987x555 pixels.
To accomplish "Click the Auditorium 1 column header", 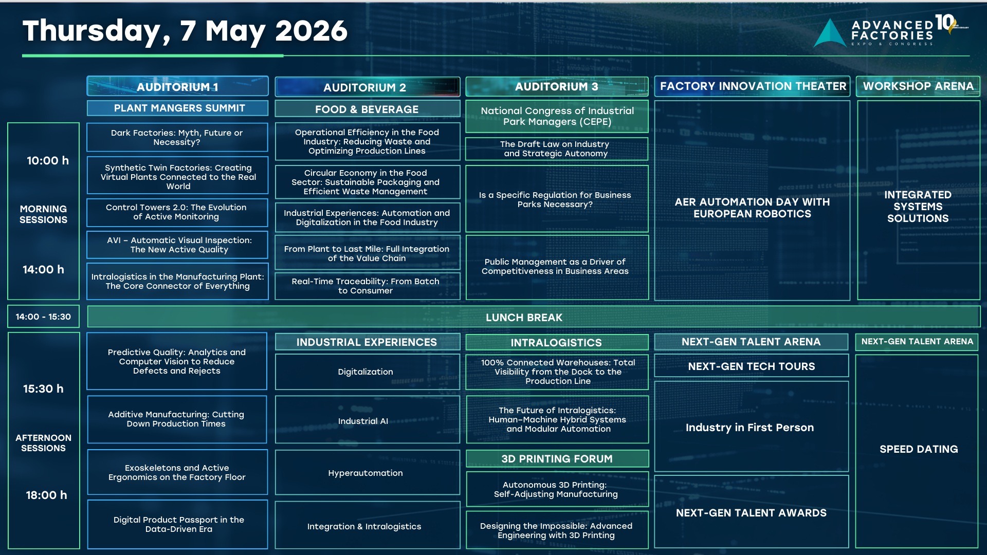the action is (177, 86).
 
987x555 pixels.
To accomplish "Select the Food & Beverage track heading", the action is (367, 109).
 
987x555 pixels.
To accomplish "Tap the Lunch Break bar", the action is (534, 317).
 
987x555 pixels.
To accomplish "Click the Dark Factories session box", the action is (177, 137).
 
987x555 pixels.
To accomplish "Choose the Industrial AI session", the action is (367, 420).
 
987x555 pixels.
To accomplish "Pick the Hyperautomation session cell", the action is (367, 473).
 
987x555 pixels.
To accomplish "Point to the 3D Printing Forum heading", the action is (557, 458).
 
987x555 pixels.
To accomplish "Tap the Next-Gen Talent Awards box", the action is (752, 512).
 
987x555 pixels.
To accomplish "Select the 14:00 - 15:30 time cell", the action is (43, 317).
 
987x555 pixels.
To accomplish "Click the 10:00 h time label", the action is (48, 161).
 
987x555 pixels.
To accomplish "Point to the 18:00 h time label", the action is (46, 495).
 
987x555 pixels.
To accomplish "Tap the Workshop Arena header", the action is (918, 86).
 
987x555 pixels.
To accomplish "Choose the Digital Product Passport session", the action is (177, 524).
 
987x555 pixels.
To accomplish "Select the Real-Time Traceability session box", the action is (367, 286).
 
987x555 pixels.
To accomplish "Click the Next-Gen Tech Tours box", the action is (752, 366).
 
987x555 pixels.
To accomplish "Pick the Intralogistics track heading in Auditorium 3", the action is (557, 342).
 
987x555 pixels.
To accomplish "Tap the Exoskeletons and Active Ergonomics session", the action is (177, 472).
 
